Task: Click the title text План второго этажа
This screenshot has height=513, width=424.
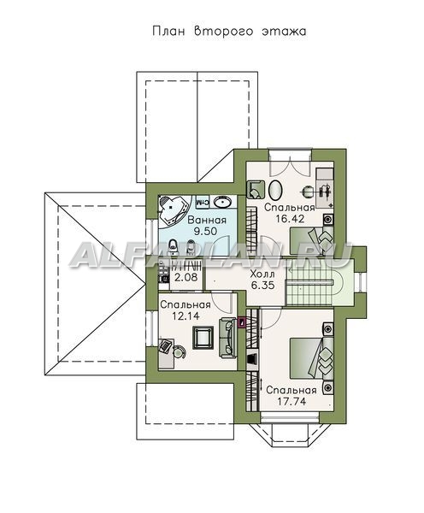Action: (229, 32)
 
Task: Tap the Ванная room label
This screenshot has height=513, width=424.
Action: (206, 220)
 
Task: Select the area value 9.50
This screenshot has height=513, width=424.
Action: (205, 232)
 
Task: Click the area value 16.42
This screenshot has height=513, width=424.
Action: (290, 219)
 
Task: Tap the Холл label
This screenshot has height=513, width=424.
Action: (262, 274)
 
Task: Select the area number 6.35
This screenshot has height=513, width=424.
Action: (262, 285)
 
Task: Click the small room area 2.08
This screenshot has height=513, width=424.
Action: (185, 277)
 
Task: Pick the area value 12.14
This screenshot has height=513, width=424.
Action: (185, 316)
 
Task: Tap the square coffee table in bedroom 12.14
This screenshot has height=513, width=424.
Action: (203, 338)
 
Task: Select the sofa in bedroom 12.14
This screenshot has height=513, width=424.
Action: (227, 338)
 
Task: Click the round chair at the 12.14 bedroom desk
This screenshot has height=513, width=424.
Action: (180, 352)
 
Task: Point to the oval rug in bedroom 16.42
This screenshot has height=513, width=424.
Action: (275, 190)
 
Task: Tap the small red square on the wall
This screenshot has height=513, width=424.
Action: (242, 322)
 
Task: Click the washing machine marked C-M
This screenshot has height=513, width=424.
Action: (203, 202)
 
